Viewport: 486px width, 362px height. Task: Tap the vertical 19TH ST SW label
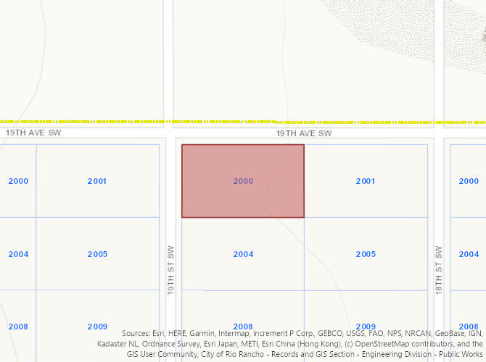[x=171, y=269]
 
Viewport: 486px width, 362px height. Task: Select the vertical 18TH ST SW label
[x=438, y=269]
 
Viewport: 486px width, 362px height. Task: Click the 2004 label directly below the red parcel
[x=243, y=254]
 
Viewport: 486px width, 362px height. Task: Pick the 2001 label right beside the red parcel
[x=366, y=181]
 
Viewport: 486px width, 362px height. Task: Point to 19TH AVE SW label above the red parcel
[x=304, y=134]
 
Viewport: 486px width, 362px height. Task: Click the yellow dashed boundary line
[x=218, y=122]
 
